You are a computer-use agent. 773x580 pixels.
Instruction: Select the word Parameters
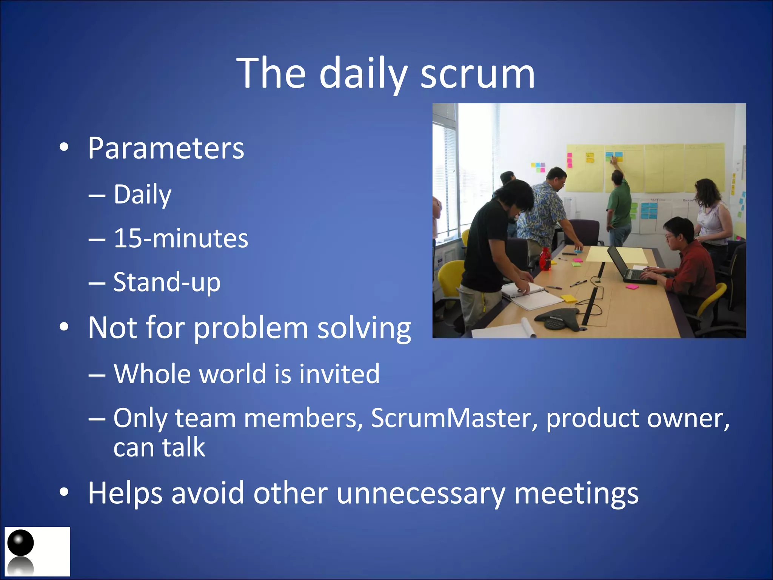click(166, 148)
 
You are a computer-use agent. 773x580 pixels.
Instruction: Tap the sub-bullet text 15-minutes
click(181, 238)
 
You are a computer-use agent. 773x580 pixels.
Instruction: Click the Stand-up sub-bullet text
click(167, 282)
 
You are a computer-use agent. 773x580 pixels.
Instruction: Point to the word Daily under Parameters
click(143, 194)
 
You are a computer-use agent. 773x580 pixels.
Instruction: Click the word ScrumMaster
click(451, 418)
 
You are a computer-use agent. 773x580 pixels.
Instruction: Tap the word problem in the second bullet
click(251, 327)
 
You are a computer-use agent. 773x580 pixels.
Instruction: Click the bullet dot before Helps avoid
click(64, 492)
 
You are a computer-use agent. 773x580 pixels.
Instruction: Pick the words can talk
click(159, 448)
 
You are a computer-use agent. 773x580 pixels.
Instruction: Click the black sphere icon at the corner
click(21, 543)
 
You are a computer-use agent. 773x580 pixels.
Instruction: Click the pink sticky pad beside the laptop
click(632, 287)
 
